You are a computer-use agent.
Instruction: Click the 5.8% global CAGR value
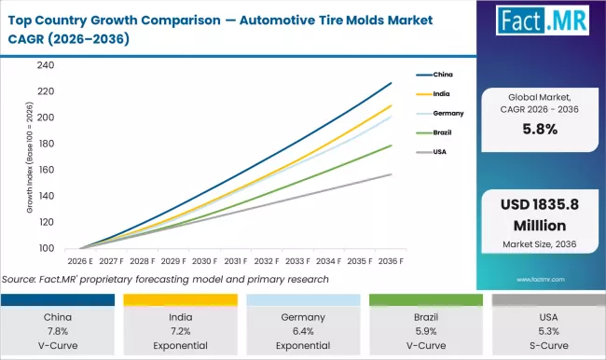(x=540, y=130)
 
